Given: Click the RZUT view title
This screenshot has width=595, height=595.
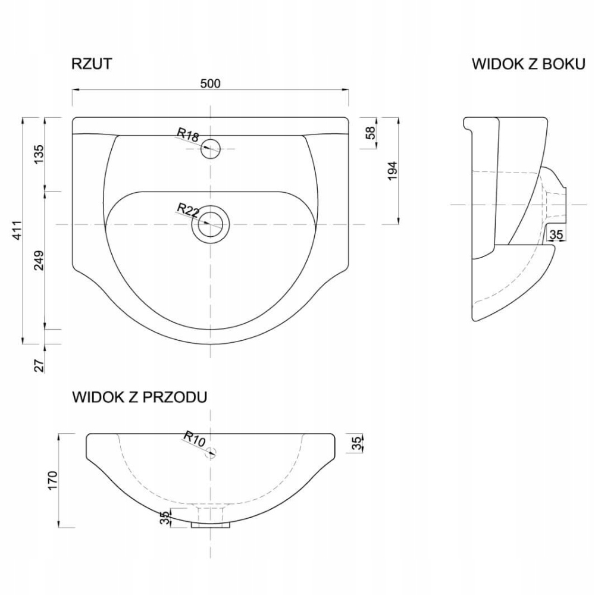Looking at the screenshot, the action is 92,64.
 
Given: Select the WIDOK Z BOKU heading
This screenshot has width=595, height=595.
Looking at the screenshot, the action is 528,64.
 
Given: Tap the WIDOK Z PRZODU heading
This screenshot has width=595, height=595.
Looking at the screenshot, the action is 140,397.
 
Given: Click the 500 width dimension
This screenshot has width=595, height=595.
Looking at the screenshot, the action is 210,83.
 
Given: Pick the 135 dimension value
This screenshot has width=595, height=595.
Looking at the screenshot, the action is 39,154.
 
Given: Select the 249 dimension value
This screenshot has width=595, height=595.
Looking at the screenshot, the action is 39,261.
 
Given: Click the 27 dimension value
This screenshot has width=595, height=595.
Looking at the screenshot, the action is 39,365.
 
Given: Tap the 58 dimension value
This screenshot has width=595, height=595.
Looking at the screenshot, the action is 370,133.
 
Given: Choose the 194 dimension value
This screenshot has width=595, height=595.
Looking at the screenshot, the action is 392,171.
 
